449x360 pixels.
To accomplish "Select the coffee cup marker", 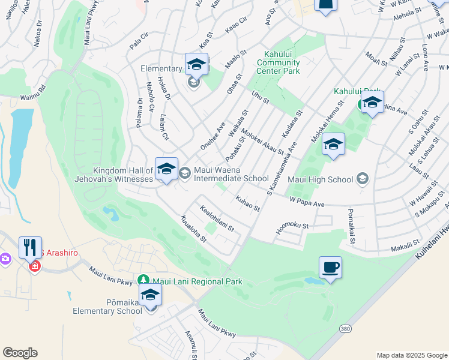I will tap(330, 268).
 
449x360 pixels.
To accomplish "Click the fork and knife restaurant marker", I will tap(30, 247).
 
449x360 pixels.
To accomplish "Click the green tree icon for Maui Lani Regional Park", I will tap(143, 280).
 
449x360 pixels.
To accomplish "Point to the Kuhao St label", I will tap(247, 203).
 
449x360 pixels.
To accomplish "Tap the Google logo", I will tap(20, 353).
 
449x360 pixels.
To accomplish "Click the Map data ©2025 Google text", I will tap(412, 355).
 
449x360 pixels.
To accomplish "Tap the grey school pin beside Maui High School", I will tap(362, 178).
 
